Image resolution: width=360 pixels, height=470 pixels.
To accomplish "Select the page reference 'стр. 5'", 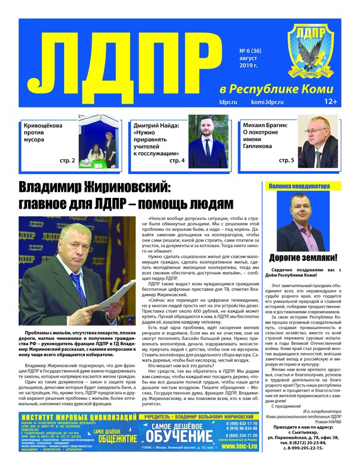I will pyautogui.click(x=286, y=161).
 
